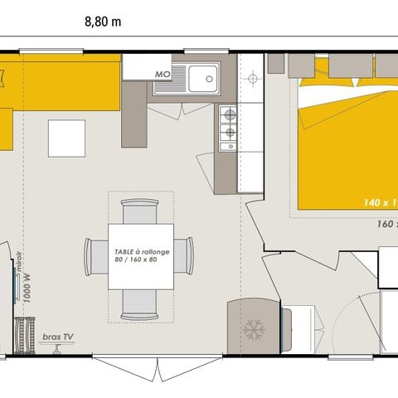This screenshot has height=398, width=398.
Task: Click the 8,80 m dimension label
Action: click(102, 22)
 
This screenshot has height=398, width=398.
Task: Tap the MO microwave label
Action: click(163, 74)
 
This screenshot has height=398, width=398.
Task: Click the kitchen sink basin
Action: click(203, 80)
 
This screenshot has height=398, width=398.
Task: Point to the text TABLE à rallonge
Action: click(135, 250)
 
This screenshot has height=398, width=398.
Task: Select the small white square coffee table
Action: click(66, 138)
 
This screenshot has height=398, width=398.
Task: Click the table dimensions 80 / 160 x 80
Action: click(135, 260)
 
